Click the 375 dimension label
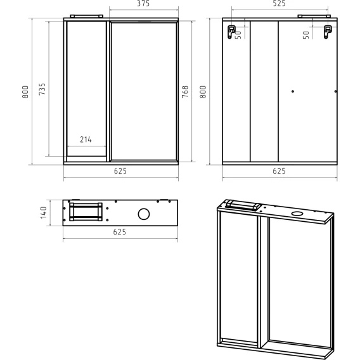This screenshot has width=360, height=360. (x=143, y=3)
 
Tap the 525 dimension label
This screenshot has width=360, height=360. (x=279, y=3)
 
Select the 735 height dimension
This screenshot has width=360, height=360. (x=42, y=89)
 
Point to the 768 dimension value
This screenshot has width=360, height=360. (x=185, y=92)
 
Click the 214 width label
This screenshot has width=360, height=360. (x=86, y=139)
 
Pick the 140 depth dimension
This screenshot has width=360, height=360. (x=44, y=212)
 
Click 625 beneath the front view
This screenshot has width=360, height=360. (x=120, y=171)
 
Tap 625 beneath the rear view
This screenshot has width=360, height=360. (x=279, y=171)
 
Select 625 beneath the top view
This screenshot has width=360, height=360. (x=120, y=232)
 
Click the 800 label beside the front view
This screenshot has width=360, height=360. (x=25, y=92)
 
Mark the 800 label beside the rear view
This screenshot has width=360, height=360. (x=203, y=92)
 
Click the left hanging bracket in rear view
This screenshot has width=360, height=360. (x=231, y=32)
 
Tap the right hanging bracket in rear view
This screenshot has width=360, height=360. (x=328, y=32)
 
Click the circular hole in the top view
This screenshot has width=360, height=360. (x=144, y=214)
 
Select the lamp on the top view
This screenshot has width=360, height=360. (x=86, y=212)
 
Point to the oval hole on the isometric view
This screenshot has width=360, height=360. (x=297, y=214)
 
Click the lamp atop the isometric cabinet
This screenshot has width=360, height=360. (x=243, y=205)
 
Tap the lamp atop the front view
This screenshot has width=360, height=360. (x=87, y=16)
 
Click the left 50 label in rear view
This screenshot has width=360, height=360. (x=238, y=34)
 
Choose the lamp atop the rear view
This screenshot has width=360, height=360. (x=314, y=16)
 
